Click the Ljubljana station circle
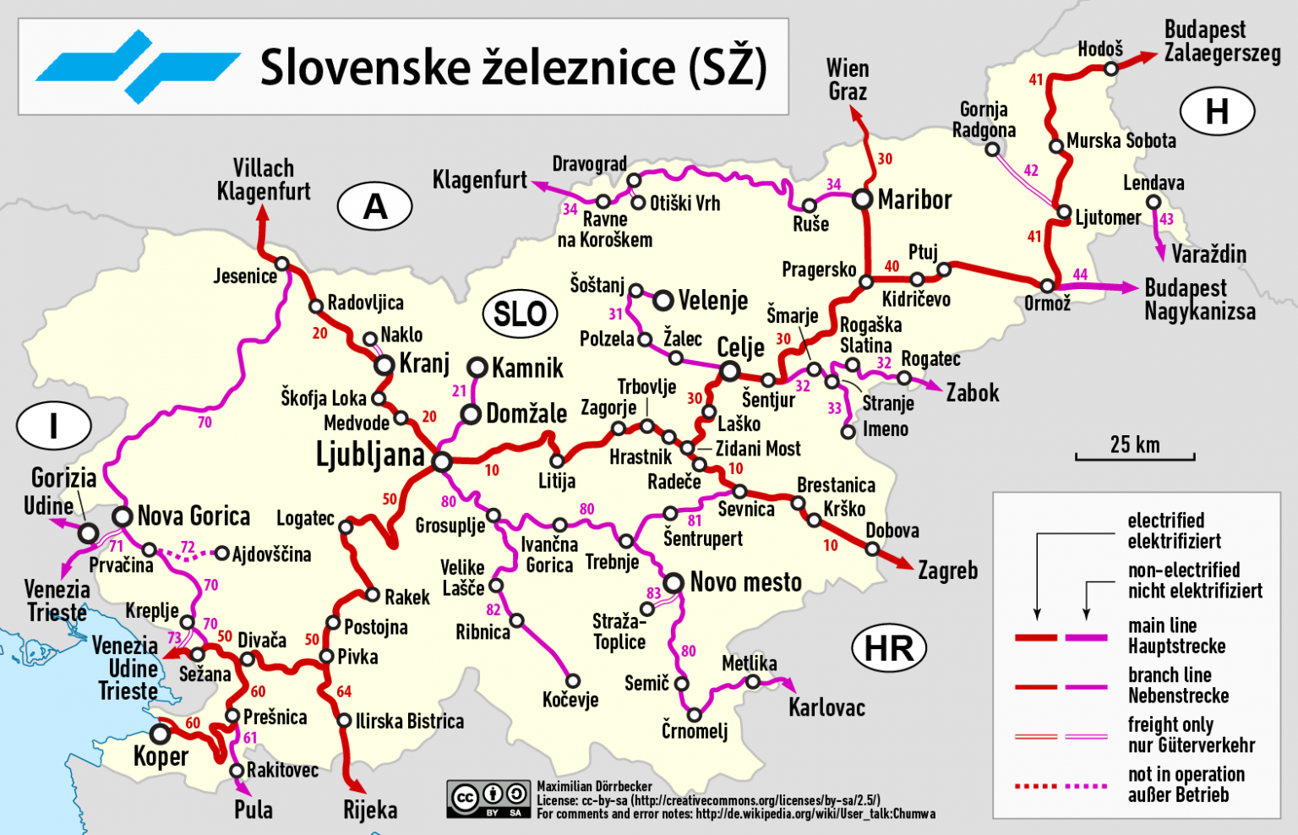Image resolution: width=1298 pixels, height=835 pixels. click(x=441, y=461)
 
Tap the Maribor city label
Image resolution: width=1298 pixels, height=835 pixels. click(x=914, y=200)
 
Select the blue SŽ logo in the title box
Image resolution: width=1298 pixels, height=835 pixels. click(x=138, y=67)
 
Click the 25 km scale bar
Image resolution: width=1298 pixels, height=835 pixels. click(x=1135, y=457)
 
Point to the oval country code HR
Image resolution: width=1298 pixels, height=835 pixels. click(x=889, y=648)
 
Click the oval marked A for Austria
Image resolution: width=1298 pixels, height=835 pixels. click(x=374, y=206)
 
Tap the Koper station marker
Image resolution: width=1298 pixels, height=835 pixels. click(x=161, y=732)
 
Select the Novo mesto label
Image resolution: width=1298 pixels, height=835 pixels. click(x=745, y=582)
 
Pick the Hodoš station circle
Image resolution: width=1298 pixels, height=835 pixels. click(x=1111, y=68)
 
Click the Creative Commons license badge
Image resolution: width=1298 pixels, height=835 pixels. click(x=488, y=799)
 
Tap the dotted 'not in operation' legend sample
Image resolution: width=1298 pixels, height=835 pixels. click(x=1061, y=786)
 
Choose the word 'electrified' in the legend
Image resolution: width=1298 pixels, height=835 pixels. click(x=1165, y=521)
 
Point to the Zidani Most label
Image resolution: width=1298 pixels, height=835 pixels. click(x=758, y=449)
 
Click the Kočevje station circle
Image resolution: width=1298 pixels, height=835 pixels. click(x=573, y=681)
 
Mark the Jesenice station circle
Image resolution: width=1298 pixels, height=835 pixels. click(x=282, y=264)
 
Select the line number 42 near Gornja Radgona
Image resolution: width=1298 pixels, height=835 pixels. click(x=1031, y=171)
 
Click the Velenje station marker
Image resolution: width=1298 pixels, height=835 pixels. click(x=663, y=300)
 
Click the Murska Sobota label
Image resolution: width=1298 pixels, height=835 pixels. click(x=1121, y=141)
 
